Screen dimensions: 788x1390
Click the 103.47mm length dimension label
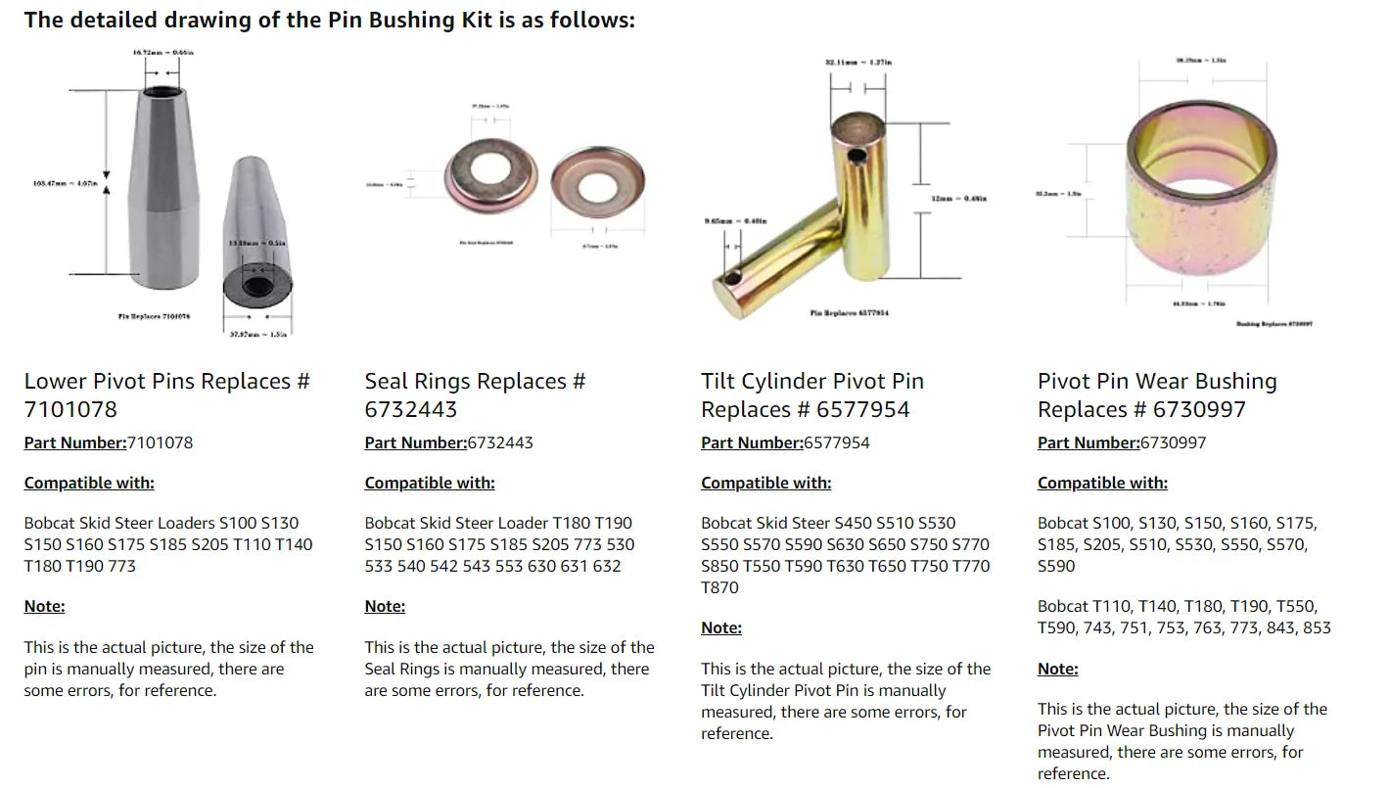[66, 183]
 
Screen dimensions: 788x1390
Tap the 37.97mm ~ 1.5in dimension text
[264, 335]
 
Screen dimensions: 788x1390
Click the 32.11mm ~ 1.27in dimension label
[858, 63]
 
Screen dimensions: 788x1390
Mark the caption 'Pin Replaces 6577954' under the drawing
[850, 313]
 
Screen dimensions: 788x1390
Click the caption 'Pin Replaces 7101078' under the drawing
[153, 316]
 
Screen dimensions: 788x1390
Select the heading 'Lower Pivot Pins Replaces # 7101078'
[166, 394]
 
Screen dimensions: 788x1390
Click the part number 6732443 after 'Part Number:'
[500, 442]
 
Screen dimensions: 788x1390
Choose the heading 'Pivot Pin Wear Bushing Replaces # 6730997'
[1157, 394]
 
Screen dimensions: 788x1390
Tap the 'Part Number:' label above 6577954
[752, 442]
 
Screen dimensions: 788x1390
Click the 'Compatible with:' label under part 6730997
[1102, 483]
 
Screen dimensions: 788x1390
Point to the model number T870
[719, 587]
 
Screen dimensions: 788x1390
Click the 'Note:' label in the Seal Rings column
[385, 606]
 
